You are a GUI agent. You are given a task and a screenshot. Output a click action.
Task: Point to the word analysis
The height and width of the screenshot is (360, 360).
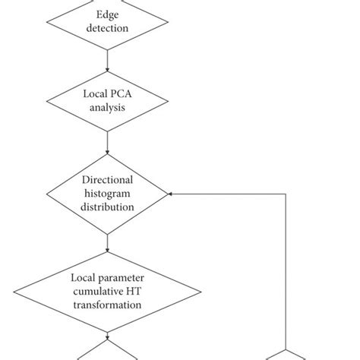pos(108,109)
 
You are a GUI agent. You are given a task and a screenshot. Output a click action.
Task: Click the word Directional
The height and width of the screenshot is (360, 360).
pos(108,179)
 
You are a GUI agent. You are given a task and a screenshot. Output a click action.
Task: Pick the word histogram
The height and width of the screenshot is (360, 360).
pos(108,193)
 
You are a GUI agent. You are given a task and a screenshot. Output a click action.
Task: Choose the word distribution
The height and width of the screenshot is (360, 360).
pos(108,207)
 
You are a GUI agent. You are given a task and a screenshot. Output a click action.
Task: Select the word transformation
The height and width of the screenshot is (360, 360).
pos(108,305)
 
